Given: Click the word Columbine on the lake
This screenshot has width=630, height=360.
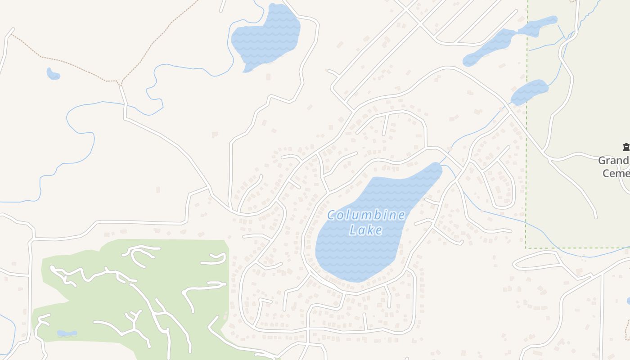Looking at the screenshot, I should point(366,216).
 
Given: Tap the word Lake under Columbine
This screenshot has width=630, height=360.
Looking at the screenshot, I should point(366,230).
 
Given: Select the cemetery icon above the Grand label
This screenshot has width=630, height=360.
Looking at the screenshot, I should point(625,147).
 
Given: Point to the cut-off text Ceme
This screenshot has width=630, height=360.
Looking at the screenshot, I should point(616,173).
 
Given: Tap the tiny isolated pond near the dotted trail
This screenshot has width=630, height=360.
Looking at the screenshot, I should point(53,74).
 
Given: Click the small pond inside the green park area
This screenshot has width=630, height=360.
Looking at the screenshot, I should point(67,333).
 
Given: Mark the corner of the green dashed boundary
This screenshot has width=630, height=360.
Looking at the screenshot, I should point(526,247).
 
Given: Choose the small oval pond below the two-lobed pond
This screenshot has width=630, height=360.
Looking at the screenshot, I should point(530,91).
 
